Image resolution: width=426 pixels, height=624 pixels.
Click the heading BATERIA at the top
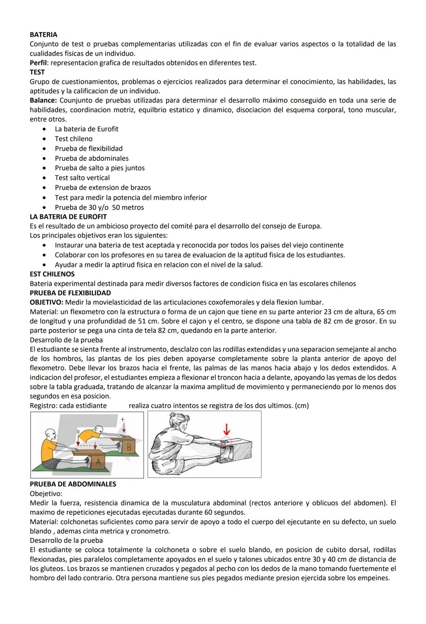click(43, 35)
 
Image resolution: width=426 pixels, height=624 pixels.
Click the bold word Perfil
click(39, 63)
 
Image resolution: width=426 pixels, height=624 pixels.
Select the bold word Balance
click(43, 100)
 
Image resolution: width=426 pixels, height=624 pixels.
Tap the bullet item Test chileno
click(74, 139)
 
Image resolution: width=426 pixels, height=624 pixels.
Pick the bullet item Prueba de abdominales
click(92, 159)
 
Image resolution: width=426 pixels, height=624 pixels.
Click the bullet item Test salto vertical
click(82, 178)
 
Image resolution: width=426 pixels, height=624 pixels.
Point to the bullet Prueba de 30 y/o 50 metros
click(99, 207)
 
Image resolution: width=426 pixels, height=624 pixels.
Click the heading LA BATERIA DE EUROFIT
click(68, 217)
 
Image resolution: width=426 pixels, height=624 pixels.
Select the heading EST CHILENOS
click(52, 274)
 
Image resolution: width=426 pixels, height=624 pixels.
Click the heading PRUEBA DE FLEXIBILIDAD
click(70, 293)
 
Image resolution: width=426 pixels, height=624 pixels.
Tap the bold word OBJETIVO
click(46, 303)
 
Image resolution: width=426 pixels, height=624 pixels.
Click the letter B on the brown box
click(129, 447)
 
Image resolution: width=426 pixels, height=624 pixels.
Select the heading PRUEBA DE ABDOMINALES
click(73, 484)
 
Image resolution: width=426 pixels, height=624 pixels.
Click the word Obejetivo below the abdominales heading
click(45, 493)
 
